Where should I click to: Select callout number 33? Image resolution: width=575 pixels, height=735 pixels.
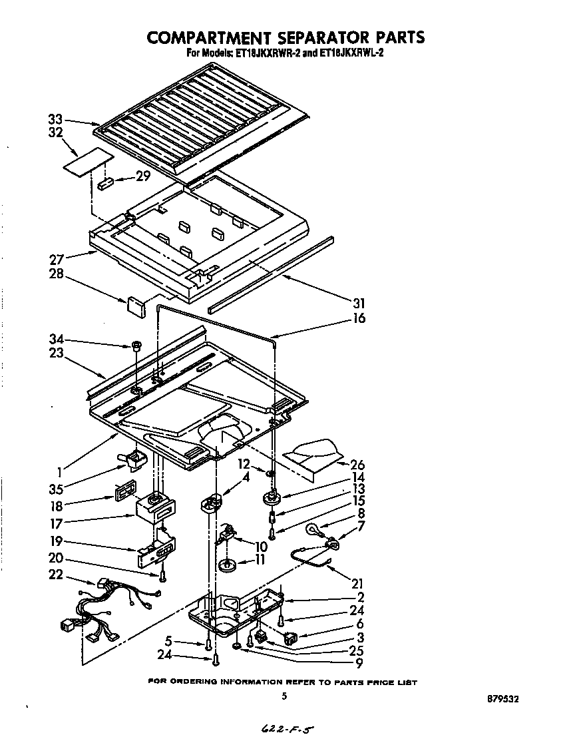click(55, 119)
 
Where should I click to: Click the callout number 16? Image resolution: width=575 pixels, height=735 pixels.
click(359, 318)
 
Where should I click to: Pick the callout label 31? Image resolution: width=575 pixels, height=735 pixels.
click(359, 303)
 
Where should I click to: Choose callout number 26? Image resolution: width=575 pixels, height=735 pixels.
click(357, 465)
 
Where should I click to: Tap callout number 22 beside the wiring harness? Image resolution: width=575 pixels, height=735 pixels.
click(57, 575)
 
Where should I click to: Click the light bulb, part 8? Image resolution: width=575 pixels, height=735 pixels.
click(312, 531)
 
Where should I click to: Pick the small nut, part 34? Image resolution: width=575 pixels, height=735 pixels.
click(136, 346)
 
